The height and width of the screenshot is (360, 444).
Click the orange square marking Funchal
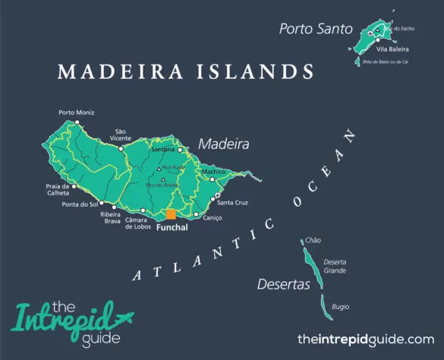pos(171,214)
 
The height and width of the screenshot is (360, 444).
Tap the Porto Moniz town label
pos(77,113)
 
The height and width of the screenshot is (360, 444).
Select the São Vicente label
pos(120,134)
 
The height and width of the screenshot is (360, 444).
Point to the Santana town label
pos(162,150)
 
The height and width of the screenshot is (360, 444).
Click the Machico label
pos(214,172)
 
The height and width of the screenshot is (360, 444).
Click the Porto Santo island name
pos(316,30)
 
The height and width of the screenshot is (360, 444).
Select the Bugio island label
pos(341,307)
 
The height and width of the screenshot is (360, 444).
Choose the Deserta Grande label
pos(335,266)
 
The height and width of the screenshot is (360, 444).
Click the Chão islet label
pos(313,240)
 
